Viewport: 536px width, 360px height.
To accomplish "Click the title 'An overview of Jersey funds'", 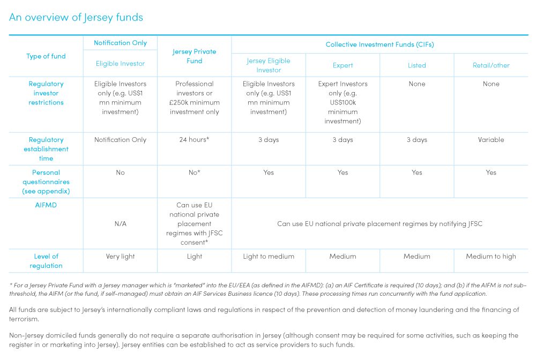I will pyautogui.click(x=76, y=17).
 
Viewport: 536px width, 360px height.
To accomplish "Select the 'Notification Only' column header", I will pyautogui.click(x=120, y=43).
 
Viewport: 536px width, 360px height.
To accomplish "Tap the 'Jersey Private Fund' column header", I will pyautogui.click(x=194, y=56).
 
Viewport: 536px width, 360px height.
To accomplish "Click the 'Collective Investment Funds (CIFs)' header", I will pyautogui.click(x=379, y=44).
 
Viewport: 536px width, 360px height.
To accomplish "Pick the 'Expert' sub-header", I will pyautogui.click(x=343, y=65).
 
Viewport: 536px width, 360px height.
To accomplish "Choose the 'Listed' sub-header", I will pyautogui.click(x=416, y=65).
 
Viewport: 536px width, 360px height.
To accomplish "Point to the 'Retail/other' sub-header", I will pyautogui.click(x=491, y=65).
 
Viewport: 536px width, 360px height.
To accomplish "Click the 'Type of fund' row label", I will pyautogui.click(x=46, y=56).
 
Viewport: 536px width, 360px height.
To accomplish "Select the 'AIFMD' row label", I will pyautogui.click(x=46, y=205).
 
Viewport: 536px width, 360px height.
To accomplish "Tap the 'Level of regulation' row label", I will pyautogui.click(x=46, y=261).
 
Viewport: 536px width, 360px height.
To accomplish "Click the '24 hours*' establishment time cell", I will pyautogui.click(x=194, y=140).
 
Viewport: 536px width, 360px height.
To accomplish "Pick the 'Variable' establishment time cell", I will pyautogui.click(x=491, y=140).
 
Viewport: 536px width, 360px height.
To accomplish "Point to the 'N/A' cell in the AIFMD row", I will pyautogui.click(x=120, y=224).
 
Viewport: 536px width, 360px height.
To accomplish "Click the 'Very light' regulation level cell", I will pyautogui.click(x=120, y=257).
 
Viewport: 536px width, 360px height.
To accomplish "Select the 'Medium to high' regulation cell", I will pyautogui.click(x=491, y=257).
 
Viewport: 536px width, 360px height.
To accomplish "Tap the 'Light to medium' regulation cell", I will pyautogui.click(x=269, y=257).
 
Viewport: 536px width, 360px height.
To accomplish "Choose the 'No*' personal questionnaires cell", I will pyautogui.click(x=194, y=172).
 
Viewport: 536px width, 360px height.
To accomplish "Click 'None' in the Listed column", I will pyautogui.click(x=416, y=84).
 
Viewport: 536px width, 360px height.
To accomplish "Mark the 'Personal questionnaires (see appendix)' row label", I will pyautogui.click(x=46, y=182).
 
